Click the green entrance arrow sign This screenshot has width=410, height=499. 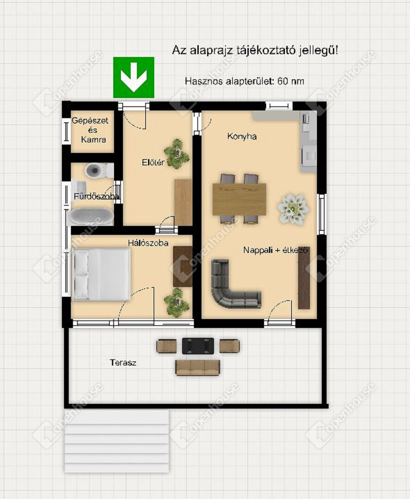tap(134, 77)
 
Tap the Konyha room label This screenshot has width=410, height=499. tap(242, 136)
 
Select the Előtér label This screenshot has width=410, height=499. tap(153, 162)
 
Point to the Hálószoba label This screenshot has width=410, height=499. tap(148, 243)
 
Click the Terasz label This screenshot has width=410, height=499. tap(123, 363)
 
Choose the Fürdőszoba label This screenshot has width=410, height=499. tap(97, 196)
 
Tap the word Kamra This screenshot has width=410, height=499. tap(93, 140)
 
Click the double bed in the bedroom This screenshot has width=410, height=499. tap(102, 274)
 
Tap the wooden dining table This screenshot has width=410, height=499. tap(239, 200)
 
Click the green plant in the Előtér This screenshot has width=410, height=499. tap(177, 155)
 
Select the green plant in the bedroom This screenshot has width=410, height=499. tap(177, 303)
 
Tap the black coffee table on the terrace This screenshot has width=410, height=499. tap(198, 346)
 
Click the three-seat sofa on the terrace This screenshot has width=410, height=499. tap(198, 368)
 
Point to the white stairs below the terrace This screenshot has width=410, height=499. tap(117, 441)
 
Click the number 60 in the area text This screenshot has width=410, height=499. tap(282, 81)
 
